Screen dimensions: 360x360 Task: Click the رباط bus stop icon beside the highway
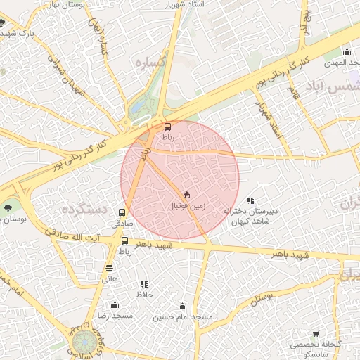tap(167, 127)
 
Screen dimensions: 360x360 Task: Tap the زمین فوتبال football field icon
tap(186, 195)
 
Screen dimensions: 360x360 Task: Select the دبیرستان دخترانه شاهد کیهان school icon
tap(251, 200)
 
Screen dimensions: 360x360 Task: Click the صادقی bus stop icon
tap(122, 212)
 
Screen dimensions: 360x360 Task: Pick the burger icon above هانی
tap(109, 268)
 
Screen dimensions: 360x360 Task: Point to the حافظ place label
tap(145, 295)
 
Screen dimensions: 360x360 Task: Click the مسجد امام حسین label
tap(182, 317)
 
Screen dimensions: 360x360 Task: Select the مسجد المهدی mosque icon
tap(347, 51)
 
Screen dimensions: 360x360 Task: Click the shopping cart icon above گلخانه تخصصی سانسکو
tap(316, 334)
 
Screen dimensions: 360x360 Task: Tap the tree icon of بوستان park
tap(8, 207)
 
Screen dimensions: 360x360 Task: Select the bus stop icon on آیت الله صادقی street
tap(124, 240)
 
